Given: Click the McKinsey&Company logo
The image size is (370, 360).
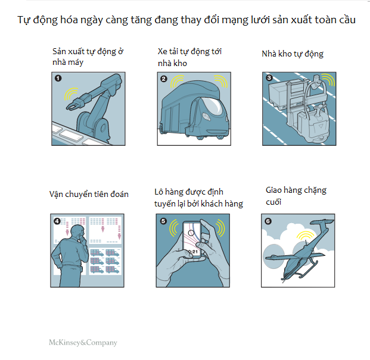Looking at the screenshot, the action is point(83,343).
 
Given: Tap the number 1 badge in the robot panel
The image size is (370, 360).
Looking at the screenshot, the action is point(58,78).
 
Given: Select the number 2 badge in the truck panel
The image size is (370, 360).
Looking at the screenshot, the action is point(163,79).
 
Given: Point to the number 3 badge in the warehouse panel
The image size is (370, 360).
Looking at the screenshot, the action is point(269,78).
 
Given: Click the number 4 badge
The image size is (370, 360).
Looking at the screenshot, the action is point(57,221).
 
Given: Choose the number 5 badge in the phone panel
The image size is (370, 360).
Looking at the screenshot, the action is point(163,221).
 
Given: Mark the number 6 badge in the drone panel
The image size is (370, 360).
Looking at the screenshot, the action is point(268,221).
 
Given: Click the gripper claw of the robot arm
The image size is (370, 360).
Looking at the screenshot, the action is point(74,105).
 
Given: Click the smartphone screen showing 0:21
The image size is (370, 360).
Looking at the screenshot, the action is point(192,239).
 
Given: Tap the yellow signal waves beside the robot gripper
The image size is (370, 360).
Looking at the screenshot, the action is point(70,93).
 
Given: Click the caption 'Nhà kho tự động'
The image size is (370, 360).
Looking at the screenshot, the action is point(293,54).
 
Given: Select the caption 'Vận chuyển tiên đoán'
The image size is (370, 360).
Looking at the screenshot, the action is point(89,194).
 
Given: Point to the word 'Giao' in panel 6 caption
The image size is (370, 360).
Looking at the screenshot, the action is point(273,190).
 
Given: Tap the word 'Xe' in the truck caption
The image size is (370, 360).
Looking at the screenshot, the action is point(162,51).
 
